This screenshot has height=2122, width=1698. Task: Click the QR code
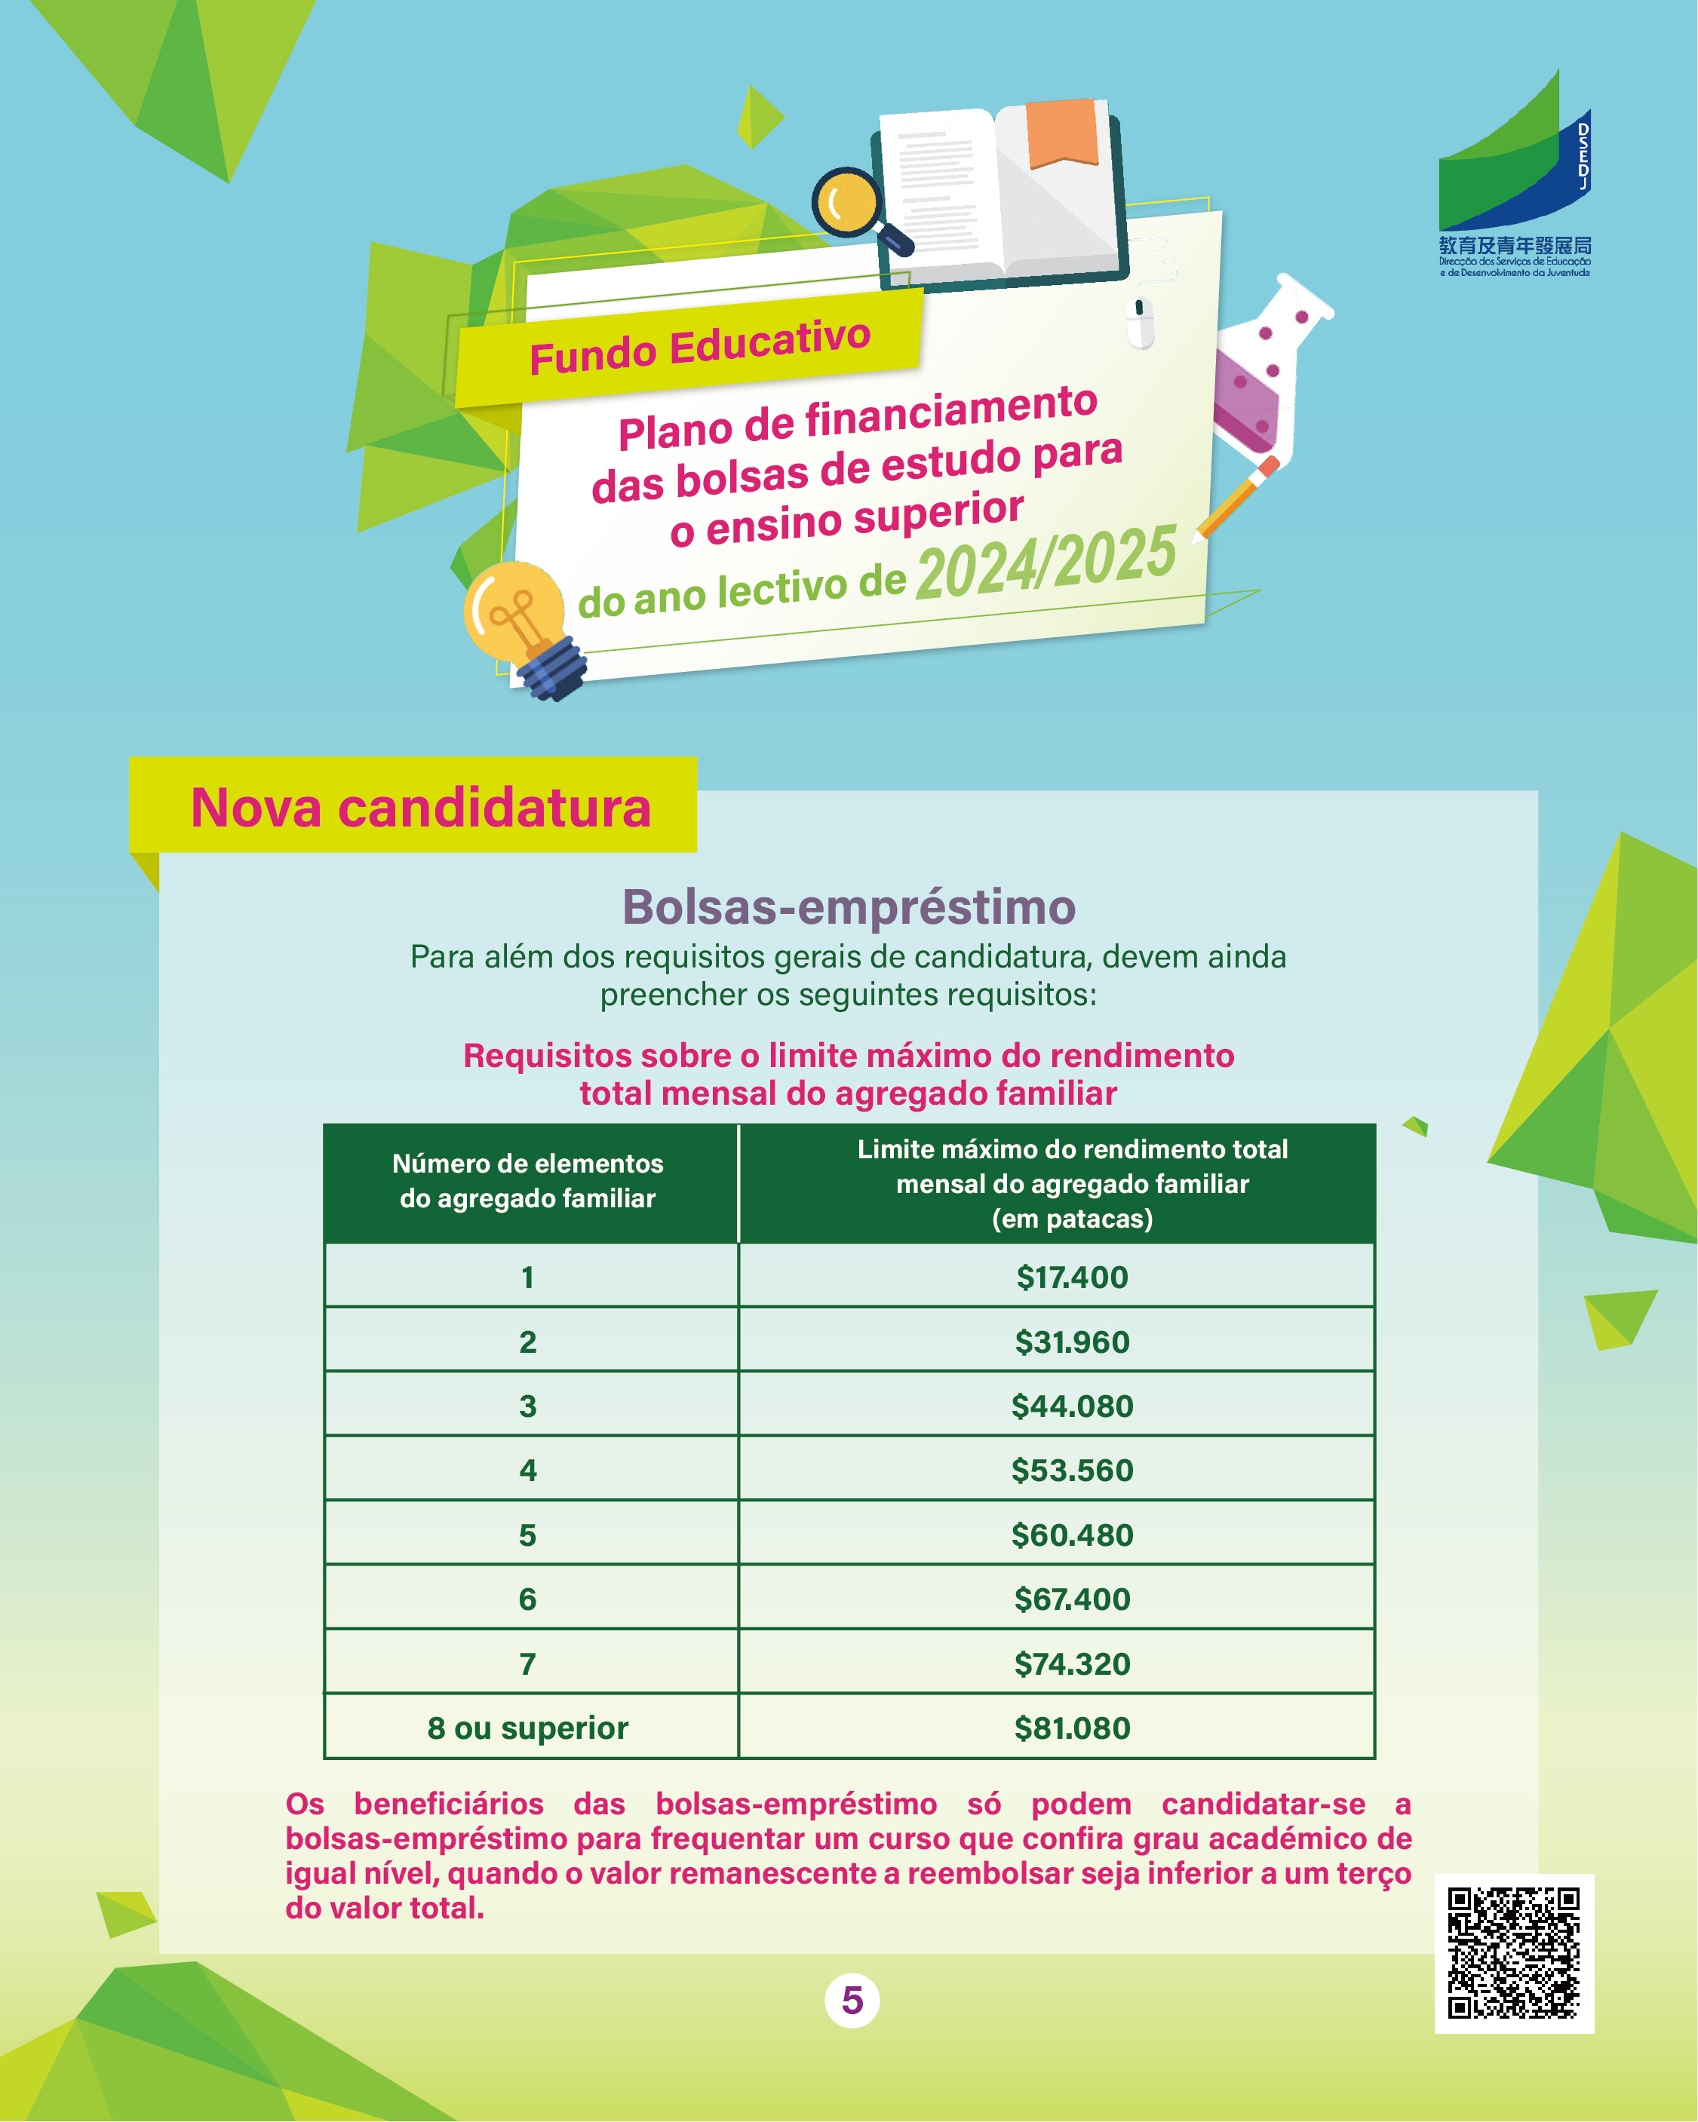pos(1513,1953)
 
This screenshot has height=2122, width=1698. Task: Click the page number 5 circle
pos(852,2000)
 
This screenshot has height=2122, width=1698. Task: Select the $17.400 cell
pos(1072,1277)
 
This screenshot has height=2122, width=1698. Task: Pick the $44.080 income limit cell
pos(1072,1406)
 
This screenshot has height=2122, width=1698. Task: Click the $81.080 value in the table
pos(1072,1728)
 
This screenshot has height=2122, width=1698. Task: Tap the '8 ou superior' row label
pos(527,1728)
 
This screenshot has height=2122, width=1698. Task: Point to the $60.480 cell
pos(1072,1535)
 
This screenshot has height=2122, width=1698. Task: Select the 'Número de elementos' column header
pos(527,1181)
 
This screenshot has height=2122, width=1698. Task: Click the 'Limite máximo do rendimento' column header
pos(1072,1183)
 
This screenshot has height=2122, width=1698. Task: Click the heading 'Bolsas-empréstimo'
pos(849,906)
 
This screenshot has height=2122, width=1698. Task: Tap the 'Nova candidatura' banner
pos(420,807)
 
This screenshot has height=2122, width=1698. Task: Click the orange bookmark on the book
pos(1062,132)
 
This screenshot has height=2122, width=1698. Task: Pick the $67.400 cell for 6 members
pos(1072,1599)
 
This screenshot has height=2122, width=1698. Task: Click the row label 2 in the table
pos(527,1342)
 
